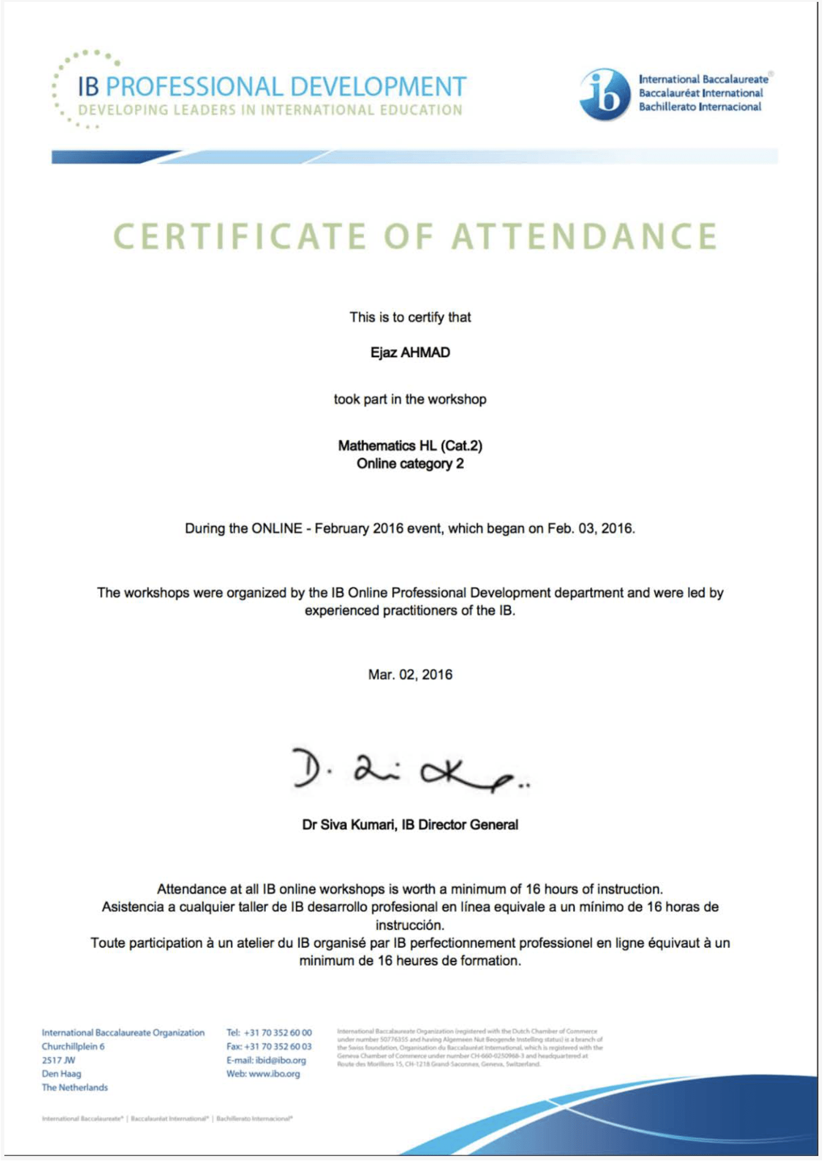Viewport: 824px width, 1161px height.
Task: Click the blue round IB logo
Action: pos(605,94)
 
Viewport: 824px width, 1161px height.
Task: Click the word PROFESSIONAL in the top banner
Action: pos(194,86)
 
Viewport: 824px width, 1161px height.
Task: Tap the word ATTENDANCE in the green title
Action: pos(584,236)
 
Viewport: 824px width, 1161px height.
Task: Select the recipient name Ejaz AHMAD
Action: pos(410,353)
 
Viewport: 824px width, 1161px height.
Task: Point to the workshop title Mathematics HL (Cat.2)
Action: pos(410,445)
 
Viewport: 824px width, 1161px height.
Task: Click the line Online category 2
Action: pos(410,464)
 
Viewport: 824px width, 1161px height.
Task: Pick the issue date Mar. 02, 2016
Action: pos(410,674)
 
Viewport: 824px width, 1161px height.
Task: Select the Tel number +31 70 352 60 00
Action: pos(278,1033)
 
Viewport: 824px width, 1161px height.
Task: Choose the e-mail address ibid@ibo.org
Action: pos(281,1060)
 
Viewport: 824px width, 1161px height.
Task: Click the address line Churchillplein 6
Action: pos(73,1047)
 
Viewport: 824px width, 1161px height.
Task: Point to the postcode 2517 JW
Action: pos(59,1060)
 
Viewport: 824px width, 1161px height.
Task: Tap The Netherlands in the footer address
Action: pos(75,1088)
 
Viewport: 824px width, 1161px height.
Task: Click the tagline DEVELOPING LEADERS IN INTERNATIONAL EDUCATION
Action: pos(270,110)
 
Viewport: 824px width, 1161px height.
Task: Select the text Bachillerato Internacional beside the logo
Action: pos(700,107)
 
